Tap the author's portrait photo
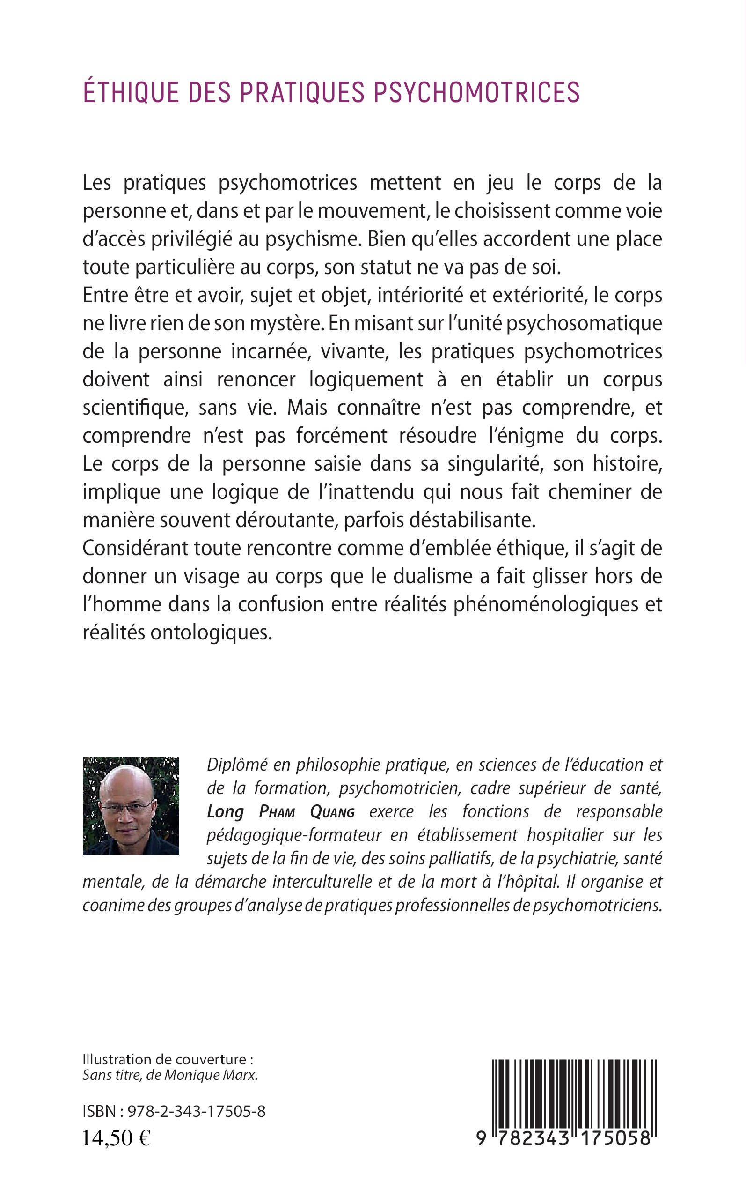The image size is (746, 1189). [131, 805]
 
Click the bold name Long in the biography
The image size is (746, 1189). [225, 812]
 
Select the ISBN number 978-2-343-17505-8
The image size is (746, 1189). [197, 1112]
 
